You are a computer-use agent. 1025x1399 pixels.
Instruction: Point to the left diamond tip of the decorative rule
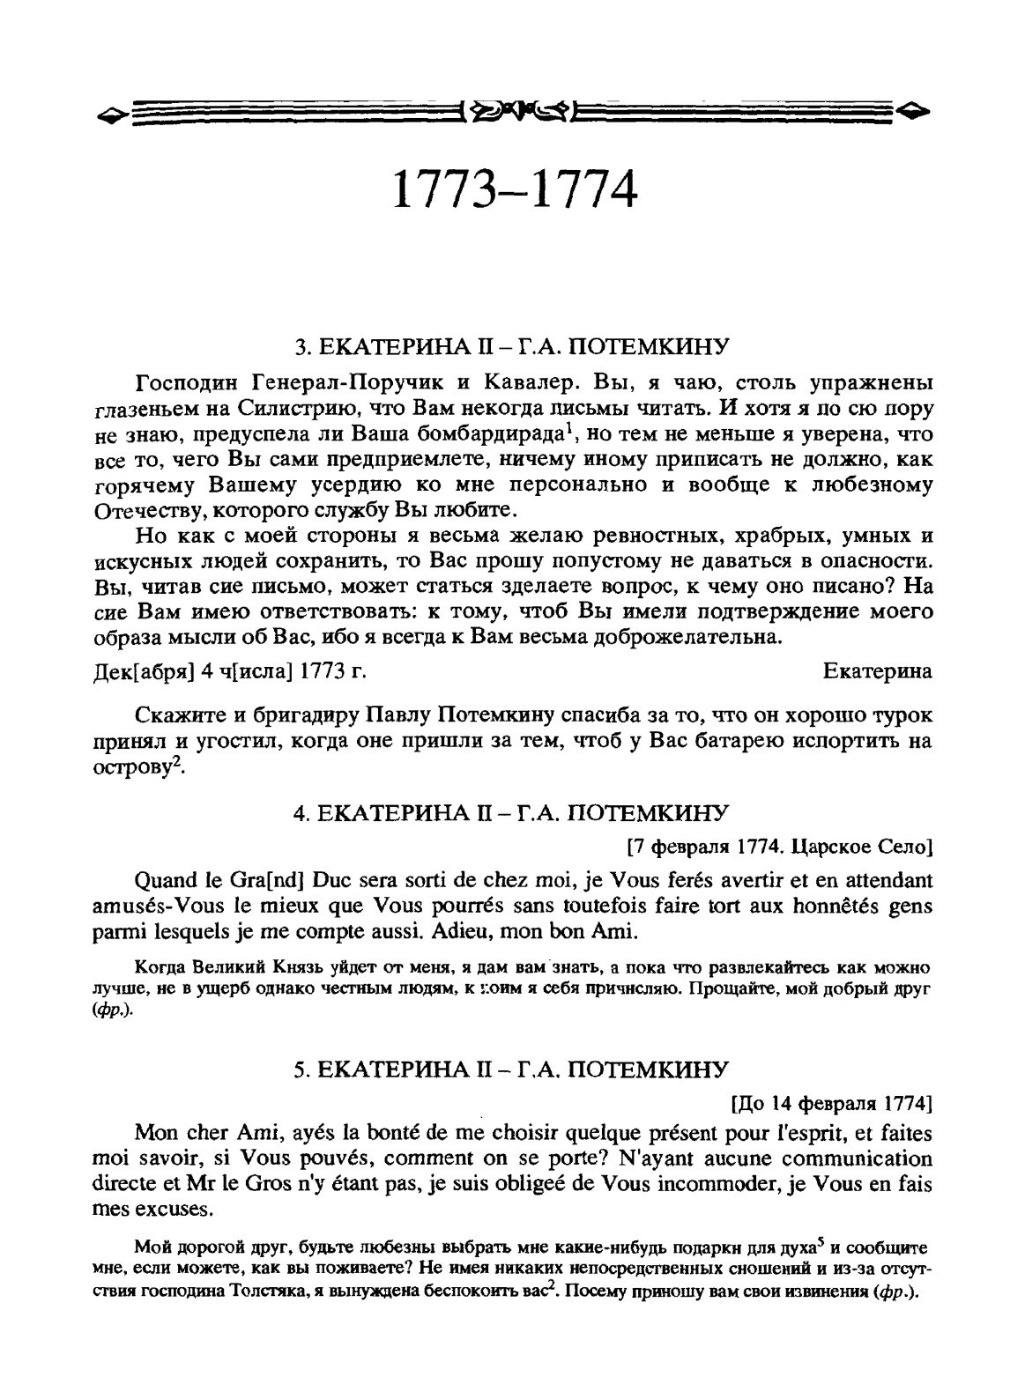tap(108, 113)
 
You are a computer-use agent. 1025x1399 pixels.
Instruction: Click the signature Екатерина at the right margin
tap(877, 671)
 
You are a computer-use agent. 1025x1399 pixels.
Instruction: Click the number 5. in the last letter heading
tap(301, 1070)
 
